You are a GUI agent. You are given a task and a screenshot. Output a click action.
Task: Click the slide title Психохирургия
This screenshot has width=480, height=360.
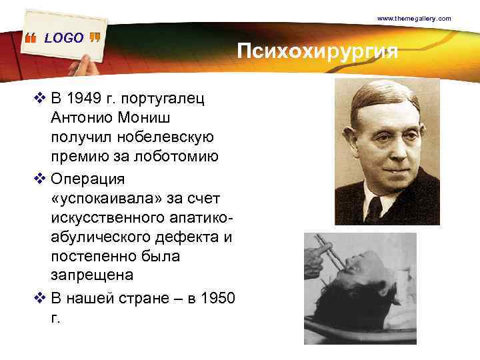(317, 51)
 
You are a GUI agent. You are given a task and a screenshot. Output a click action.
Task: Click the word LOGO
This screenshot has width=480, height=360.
(64, 38)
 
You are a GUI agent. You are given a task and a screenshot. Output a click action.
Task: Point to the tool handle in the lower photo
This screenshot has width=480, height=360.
(325, 253)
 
